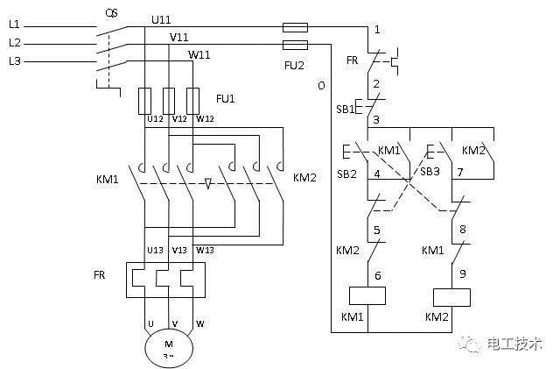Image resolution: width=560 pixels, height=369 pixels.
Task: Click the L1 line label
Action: pyautogui.click(x=14, y=25)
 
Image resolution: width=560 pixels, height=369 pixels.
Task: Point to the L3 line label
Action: pyautogui.click(x=15, y=61)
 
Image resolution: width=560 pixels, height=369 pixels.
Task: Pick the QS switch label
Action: pyautogui.click(x=111, y=14)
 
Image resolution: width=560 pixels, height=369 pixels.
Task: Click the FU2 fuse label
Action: pyautogui.click(x=294, y=65)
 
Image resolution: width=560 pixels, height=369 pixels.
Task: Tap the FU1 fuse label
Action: pyautogui.click(x=226, y=98)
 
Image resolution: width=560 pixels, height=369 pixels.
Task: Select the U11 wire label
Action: pyautogui.click(x=161, y=19)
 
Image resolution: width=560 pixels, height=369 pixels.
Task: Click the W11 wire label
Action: pyautogui.click(x=199, y=54)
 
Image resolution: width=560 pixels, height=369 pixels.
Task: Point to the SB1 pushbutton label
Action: pyautogui.click(x=345, y=109)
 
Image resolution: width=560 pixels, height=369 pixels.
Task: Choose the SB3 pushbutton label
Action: pyautogui.click(x=430, y=172)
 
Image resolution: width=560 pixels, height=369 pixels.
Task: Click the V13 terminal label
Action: pyautogui.click(x=179, y=250)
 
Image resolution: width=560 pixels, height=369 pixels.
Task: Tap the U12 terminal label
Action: pyautogui.click(x=156, y=119)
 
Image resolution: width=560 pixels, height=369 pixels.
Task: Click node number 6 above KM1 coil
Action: pyautogui.click(x=377, y=275)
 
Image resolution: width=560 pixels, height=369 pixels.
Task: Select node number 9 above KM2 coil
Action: pyautogui.click(x=463, y=273)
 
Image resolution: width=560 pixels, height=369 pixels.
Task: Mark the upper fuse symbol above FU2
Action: pyautogui.click(x=295, y=27)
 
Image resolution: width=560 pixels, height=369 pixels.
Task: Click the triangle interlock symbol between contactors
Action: pyautogui.click(x=208, y=183)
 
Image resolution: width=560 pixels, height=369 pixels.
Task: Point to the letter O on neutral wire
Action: pyautogui.click(x=321, y=86)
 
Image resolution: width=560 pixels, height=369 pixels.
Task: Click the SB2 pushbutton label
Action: pyautogui.click(x=346, y=174)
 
